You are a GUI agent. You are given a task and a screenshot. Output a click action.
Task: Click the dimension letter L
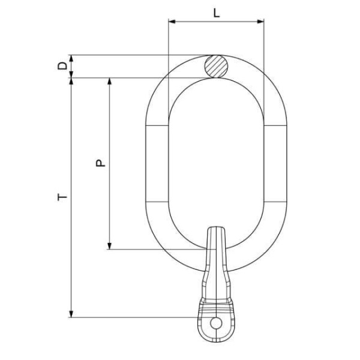(216, 13)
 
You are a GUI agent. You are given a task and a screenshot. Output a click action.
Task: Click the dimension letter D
(62, 66)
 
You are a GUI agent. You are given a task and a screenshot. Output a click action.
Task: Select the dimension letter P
(100, 163)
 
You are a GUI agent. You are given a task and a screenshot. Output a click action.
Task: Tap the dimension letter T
(62, 197)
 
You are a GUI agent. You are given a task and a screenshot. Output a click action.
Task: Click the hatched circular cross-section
(216, 67)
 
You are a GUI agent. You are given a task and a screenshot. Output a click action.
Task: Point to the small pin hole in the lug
(216, 323)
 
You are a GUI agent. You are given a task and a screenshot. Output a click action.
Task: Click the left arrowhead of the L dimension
(172, 22)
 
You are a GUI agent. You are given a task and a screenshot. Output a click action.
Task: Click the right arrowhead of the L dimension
(260, 22)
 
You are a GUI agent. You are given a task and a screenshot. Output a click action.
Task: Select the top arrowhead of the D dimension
(71, 59)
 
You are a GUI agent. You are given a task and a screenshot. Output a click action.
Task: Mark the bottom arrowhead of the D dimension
(71, 74)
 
